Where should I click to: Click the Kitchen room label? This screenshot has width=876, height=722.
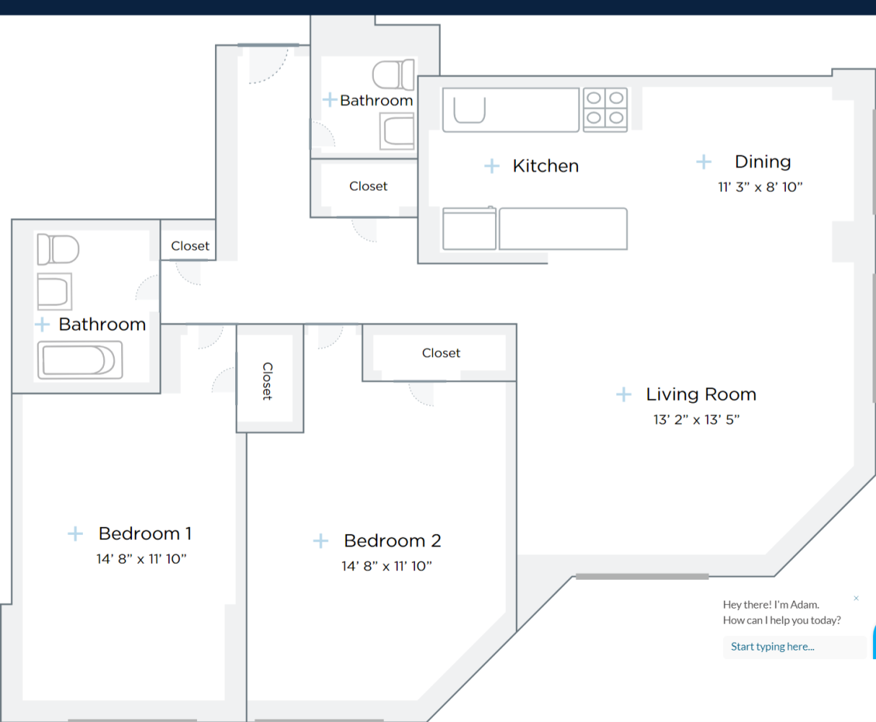546,166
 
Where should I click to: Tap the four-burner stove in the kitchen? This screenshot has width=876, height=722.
605,109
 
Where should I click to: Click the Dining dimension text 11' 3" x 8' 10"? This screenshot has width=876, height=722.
760,187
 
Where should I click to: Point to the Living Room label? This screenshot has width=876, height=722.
701,394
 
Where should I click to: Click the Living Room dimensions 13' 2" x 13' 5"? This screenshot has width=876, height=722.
696,419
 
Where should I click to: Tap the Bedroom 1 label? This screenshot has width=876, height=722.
145,534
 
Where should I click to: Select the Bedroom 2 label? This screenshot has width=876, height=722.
392,541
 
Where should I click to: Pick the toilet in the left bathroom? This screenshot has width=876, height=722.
58,250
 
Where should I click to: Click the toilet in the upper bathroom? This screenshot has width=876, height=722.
393,75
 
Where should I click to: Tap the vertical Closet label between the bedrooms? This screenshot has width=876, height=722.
267,381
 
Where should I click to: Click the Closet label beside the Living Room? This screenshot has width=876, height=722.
441,353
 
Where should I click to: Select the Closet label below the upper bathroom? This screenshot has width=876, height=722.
368,186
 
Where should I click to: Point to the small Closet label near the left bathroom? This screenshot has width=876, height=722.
190,246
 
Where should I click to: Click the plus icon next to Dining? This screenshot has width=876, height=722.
704,162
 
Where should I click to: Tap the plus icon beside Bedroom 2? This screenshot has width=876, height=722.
320,541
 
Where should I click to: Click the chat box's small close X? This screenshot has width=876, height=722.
856,598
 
